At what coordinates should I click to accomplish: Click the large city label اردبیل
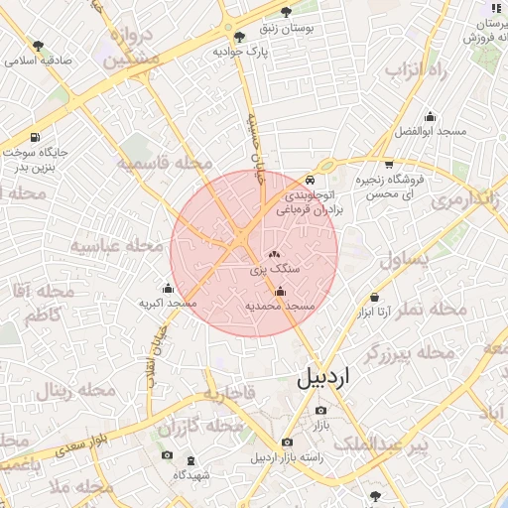(324, 378)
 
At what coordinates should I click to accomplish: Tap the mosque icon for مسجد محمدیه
(280, 291)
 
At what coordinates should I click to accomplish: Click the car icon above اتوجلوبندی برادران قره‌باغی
(311, 180)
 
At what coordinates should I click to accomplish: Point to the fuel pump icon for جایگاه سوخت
(36, 137)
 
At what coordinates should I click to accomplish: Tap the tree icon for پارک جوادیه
(239, 37)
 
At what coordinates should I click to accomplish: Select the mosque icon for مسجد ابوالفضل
(430, 116)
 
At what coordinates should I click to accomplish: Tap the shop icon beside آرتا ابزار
(374, 297)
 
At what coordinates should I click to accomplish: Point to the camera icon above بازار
(320, 411)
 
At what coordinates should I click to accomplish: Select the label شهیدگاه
(192, 474)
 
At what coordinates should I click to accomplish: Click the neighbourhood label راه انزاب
(418, 70)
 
